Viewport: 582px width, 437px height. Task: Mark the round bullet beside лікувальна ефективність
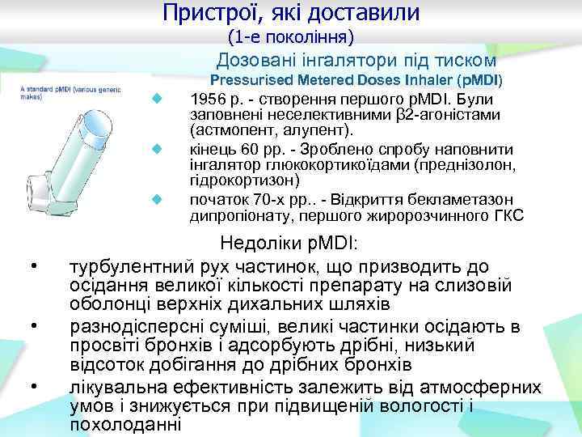32,387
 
